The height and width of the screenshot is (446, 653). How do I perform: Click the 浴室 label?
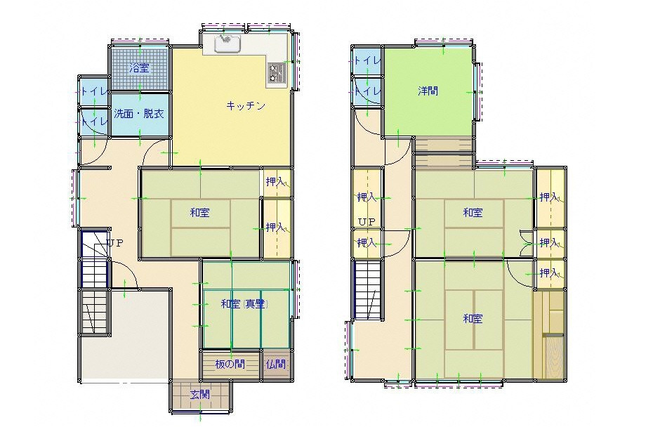coord(139,68)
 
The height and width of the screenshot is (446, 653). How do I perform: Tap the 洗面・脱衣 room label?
coord(139,114)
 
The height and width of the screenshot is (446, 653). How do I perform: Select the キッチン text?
coord(246,106)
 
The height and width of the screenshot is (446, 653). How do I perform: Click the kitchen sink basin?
coord(227,44)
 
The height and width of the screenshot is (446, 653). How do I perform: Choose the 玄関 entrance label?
coord(200,394)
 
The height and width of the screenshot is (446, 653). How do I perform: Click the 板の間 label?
coord(230,365)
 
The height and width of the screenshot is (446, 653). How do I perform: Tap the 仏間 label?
coord(276,365)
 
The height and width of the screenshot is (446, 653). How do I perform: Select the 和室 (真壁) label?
coord(244,304)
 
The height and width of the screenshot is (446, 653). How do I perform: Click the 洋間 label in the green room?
coord(428,91)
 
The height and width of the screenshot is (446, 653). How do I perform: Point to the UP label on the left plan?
coord(115,243)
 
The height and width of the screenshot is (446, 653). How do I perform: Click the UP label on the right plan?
coord(367,222)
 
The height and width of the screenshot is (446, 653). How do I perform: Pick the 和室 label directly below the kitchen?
coord(200,213)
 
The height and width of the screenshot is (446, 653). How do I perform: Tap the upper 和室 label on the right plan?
coord(473,213)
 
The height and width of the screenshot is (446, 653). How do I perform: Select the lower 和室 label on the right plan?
coord(473,319)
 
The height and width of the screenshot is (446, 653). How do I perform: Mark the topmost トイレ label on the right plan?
coord(367,60)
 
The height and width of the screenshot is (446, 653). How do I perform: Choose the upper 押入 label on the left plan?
coord(276,182)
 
